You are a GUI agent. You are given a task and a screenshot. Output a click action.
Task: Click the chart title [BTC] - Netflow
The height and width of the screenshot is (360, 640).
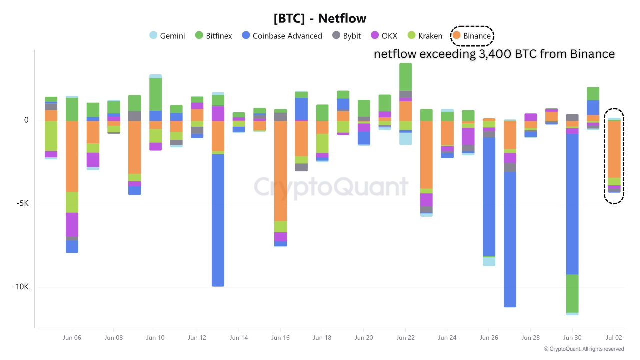tap(320, 19)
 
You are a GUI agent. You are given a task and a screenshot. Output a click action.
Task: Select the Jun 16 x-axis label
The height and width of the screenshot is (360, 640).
tap(280, 338)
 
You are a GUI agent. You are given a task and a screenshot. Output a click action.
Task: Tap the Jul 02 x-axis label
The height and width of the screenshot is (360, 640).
tap(614, 338)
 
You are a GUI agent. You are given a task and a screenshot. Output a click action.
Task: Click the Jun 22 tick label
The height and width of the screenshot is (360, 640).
tap(405, 338)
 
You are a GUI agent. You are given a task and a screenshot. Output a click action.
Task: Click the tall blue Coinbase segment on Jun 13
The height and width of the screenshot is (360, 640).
tap(218, 220)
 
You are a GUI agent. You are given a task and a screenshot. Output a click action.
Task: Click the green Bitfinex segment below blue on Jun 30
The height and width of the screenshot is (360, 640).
tap(572, 293)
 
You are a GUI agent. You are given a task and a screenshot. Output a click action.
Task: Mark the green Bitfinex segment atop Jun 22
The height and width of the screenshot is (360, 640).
tap(405, 77)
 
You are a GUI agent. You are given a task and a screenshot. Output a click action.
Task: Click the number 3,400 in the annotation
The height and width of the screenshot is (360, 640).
tap(490, 54)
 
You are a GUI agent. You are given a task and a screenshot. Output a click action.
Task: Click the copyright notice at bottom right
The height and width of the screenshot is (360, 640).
tap(583, 349)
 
